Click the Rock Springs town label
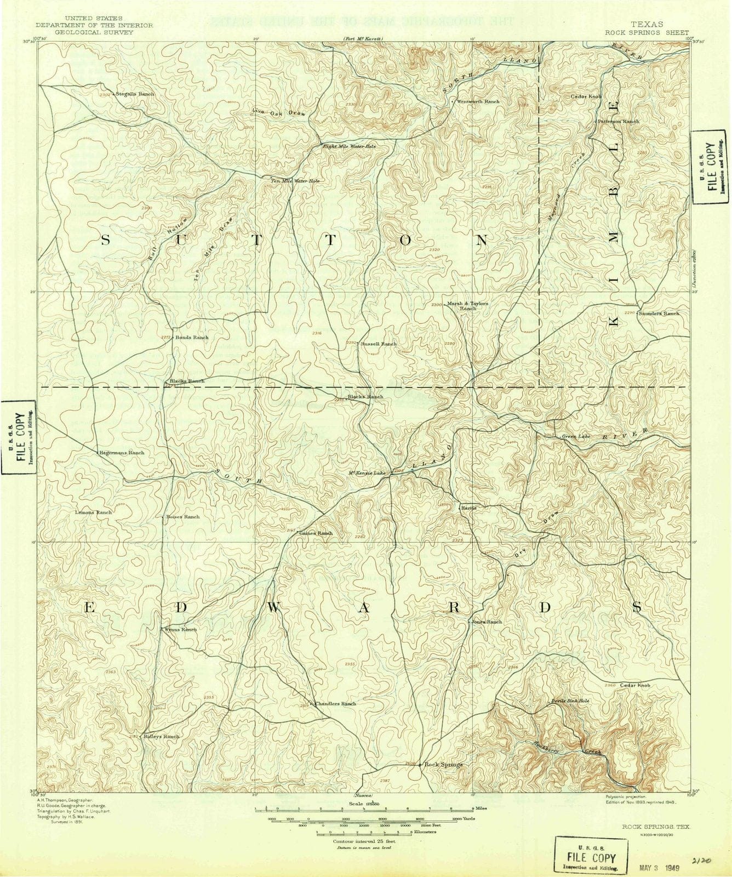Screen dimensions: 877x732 click(443, 765)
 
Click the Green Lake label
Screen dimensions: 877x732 click(576, 437)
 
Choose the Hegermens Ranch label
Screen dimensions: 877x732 click(122, 453)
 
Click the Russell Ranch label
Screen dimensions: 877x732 click(379, 344)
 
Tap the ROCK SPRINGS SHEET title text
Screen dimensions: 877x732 click(647, 33)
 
